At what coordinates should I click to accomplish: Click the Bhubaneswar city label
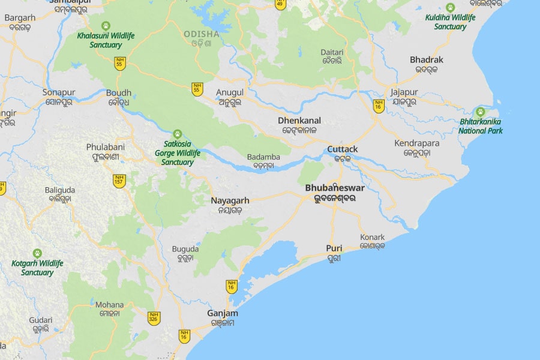pyautogui.click(x=334, y=188)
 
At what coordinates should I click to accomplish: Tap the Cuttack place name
pyautogui.click(x=343, y=149)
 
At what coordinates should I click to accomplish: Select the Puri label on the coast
pyautogui.click(x=334, y=248)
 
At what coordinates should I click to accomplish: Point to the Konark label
pyautogui.click(x=372, y=237)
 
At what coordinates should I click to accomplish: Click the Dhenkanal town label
pyautogui.click(x=299, y=121)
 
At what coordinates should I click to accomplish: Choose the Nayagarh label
pyautogui.click(x=230, y=200)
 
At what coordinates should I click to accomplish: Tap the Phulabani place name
pyautogui.click(x=105, y=147)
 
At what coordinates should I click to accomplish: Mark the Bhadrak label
pyautogui.click(x=427, y=60)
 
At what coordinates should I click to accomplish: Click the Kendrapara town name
pyautogui.click(x=417, y=143)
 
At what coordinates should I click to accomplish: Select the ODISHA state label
pyautogui.click(x=202, y=34)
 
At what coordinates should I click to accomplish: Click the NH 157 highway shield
pyautogui.click(x=119, y=181)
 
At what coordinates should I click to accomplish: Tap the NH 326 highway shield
pyautogui.click(x=154, y=318)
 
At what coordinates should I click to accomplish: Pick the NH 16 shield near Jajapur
pyautogui.click(x=379, y=106)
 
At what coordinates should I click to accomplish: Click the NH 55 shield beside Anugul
pyautogui.click(x=197, y=89)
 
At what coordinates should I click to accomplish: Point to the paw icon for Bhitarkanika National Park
pyautogui.click(x=480, y=112)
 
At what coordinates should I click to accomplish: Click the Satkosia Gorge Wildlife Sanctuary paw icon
pyautogui.click(x=177, y=134)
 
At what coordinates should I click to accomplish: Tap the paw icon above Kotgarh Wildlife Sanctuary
pyautogui.click(x=37, y=253)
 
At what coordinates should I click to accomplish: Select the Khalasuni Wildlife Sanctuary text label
pyautogui.click(x=106, y=40)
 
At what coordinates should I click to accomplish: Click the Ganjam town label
pyautogui.click(x=223, y=314)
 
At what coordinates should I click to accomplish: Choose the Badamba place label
pyautogui.click(x=263, y=158)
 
